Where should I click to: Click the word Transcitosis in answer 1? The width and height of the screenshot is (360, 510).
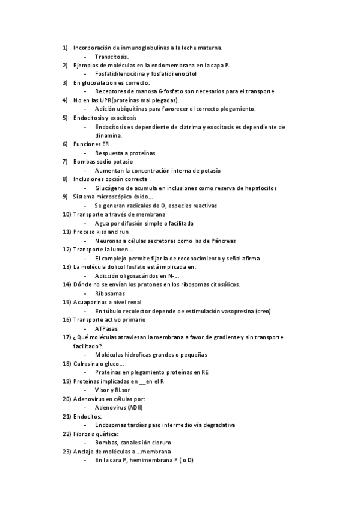pyautogui.click(x=111, y=56)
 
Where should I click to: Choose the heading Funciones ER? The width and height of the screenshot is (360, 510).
pyautogui.click(x=91, y=144)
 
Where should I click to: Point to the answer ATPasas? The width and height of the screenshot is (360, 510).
pyautogui.click(x=106, y=328)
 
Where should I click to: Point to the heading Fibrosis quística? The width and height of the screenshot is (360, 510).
pyautogui.click(x=96, y=434)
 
